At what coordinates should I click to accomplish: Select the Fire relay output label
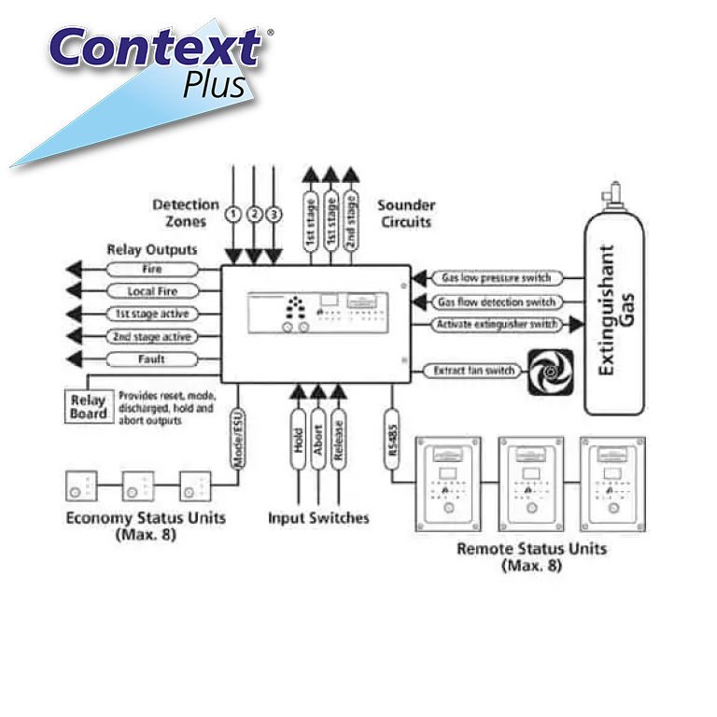pyautogui.click(x=151, y=269)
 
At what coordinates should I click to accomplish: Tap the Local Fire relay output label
pyautogui.click(x=151, y=291)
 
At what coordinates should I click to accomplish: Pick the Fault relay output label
pyautogui.click(x=151, y=358)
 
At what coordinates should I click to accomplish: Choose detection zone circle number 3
pyautogui.click(x=274, y=214)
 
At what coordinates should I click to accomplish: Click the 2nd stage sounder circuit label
pyautogui.click(x=350, y=220)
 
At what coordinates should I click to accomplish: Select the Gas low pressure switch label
pyautogui.click(x=496, y=278)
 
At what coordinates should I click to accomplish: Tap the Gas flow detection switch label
pyautogui.click(x=496, y=302)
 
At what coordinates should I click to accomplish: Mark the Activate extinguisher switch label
pyautogui.click(x=496, y=324)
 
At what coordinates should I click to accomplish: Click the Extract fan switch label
pyautogui.click(x=474, y=371)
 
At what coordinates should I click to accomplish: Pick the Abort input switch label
pyautogui.click(x=318, y=439)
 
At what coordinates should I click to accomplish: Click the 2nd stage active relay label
pyautogui.click(x=151, y=336)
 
